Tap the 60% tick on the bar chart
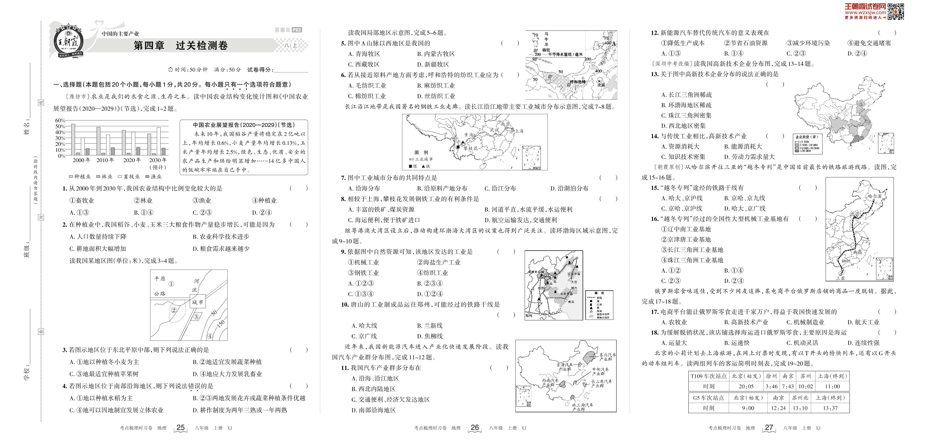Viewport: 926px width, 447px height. [x=60, y=120]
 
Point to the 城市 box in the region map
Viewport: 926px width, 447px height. [x=197, y=302]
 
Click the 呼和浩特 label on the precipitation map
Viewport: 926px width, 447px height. [x=578, y=82]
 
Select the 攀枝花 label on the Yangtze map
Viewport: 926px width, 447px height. [x=470, y=148]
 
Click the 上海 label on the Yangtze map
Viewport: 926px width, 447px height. [x=519, y=131]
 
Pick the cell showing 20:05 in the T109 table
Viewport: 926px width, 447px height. [x=746, y=387]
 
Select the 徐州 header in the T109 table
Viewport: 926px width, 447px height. [x=771, y=376]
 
